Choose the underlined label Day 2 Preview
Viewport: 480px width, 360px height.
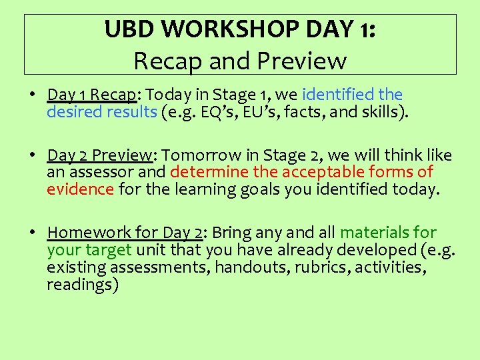(x=100, y=155)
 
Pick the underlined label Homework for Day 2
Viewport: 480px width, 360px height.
(x=125, y=233)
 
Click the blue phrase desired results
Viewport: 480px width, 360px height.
(x=101, y=111)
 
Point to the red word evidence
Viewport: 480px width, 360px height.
(x=80, y=189)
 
